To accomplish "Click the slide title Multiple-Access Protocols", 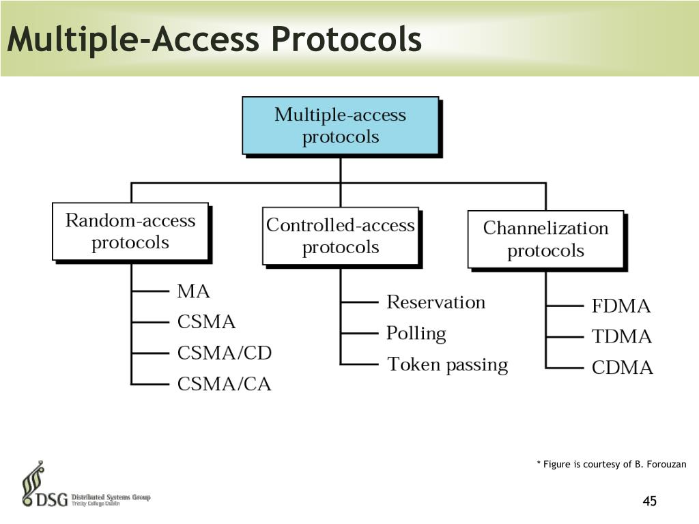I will click(214, 39).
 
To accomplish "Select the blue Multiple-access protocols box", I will click(340, 126).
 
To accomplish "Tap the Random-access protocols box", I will click(130, 231).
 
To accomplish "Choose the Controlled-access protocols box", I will click(340, 235).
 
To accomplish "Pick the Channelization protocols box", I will click(545, 239).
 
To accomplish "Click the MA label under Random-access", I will click(193, 291).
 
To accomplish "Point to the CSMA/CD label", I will click(224, 353).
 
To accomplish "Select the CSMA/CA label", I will click(224, 385).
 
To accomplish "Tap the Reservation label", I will click(436, 302).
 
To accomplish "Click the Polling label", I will click(416, 334).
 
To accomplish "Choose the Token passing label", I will click(447, 365).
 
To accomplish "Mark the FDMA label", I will click(621, 306).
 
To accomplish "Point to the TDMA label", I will click(621, 337).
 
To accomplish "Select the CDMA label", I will click(622, 368).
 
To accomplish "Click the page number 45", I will click(649, 502).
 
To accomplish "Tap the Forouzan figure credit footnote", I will click(611, 465).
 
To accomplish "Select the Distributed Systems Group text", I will click(111, 497).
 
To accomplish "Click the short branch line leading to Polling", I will click(359, 333).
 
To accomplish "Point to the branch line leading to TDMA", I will click(564, 337).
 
